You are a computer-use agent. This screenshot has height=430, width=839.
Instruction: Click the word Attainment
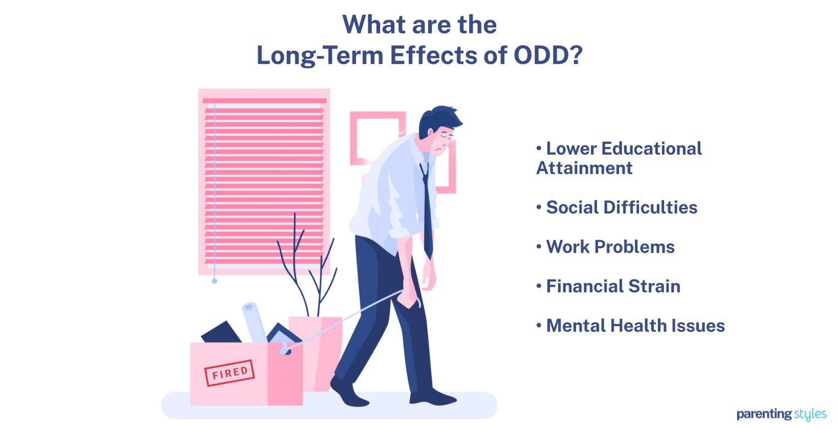click(584, 168)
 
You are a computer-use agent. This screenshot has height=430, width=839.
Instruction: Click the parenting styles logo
click(781, 414)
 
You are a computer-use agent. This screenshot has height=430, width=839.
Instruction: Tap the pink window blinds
click(264, 180)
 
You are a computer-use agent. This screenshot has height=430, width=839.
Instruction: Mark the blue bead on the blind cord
click(215, 280)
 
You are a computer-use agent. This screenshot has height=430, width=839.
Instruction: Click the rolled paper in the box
click(255, 321)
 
